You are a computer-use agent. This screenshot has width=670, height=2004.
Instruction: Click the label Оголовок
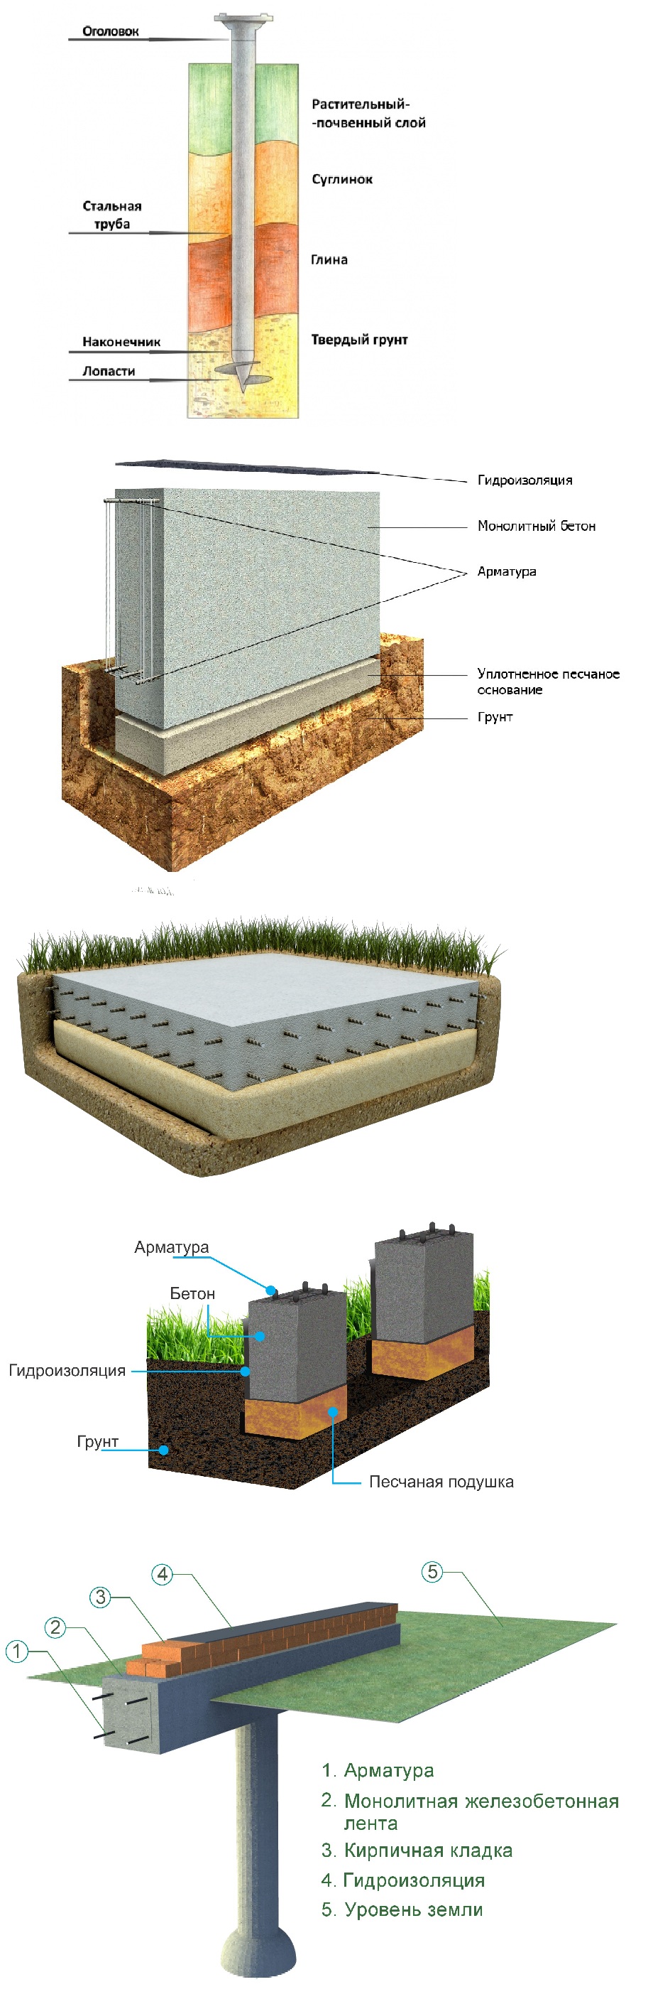coord(111,31)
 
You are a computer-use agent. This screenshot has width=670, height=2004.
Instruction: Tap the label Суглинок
coord(342,179)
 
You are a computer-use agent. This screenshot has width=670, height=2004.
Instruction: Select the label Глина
coord(329,260)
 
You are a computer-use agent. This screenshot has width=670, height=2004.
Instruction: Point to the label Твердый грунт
coord(359,339)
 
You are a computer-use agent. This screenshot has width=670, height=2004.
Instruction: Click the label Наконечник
coord(121,342)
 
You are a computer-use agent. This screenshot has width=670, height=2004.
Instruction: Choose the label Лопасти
coord(109,371)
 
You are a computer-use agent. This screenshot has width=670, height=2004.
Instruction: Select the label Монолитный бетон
coord(537,526)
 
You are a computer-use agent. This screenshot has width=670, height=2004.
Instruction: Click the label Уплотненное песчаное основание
coord(548,682)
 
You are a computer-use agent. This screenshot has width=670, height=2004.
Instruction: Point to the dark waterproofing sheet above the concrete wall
coord(247,467)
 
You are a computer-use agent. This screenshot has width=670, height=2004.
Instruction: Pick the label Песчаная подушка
coord(441,1481)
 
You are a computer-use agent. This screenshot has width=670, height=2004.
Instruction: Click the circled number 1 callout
coord(16,1651)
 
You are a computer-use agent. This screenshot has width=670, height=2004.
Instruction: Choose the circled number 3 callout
coord(100,1597)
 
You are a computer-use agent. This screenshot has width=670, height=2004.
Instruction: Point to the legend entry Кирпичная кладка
coord(417,1850)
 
